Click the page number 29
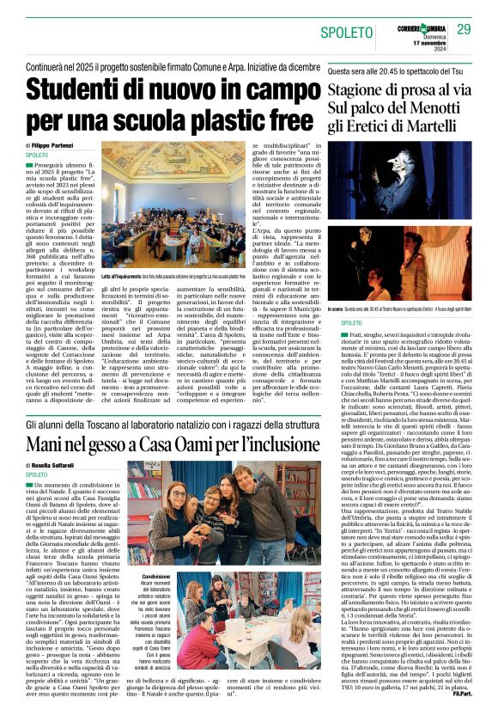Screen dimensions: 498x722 (465, 29)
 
